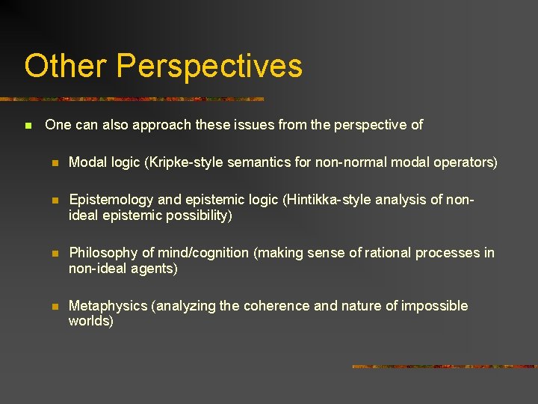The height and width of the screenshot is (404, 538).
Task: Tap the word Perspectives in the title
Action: (209, 67)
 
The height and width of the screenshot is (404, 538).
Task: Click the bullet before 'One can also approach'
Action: (28, 126)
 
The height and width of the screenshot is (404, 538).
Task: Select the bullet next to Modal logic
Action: (54, 162)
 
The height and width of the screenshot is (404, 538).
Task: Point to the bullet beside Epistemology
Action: (54, 200)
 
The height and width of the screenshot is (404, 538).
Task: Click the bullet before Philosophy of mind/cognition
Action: (54, 253)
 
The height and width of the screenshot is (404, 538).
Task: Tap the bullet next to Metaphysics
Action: (54, 306)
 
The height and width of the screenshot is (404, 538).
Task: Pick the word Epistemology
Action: (112, 200)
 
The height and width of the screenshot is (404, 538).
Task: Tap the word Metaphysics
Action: (107, 306)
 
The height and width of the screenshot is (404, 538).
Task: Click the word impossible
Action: (434, 306)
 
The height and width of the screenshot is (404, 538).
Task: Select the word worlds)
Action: (90, 321)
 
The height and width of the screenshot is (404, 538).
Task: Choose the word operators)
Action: (469, 162)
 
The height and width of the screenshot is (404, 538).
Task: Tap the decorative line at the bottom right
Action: (444, 367)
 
